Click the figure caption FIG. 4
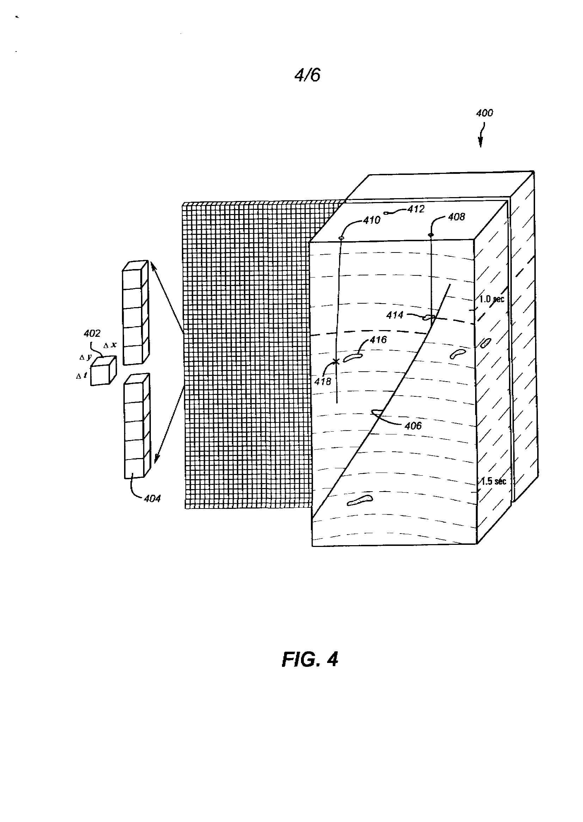point(310,659)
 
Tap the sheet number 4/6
point(307,75)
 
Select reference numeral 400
point(484,113)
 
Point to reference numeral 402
point(92,333)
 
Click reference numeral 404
point(152,498)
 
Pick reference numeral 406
point(413,426)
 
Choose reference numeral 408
point(456,217)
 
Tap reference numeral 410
point(372,220)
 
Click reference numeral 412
point(416,209)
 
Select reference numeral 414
point(394,315)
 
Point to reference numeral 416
point(378,339)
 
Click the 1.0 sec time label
point(492,299)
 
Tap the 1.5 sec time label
point(493,481)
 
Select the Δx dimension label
point(110,345)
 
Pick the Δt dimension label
point(81,376)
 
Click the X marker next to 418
point(336,361)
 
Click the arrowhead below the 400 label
point(480,144)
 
